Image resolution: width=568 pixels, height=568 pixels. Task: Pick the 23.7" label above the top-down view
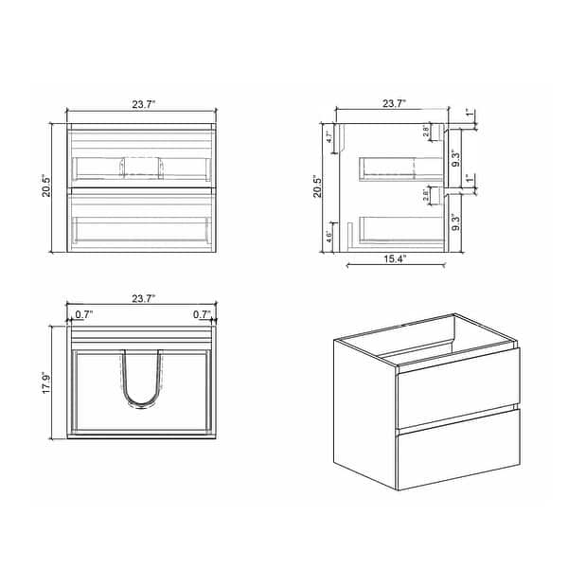(x=142, y=298)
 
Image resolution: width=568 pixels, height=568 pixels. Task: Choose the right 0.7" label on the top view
(x=202, y=313)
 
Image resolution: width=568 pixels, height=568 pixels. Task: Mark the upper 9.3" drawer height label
(x=457, y=154)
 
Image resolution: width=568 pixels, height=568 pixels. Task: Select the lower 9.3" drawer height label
(x=457, y=224)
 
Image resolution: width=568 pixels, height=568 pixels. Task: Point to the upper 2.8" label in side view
(x=427, y=133)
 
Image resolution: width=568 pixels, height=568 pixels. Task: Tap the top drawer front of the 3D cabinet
(x=456, y=388)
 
